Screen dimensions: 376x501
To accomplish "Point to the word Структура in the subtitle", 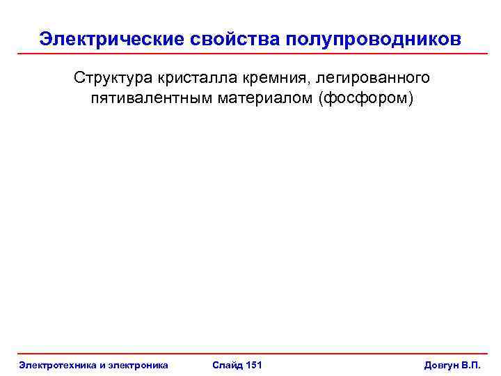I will pyautogui.click(x=111, y=77).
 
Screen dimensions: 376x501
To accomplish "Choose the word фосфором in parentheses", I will pyautogui.click(x=365, y=97).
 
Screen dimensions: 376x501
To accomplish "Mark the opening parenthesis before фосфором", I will pyautogui.click(x=321, y=97).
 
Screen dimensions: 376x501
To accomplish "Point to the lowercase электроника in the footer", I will pyautogui.click(x=136, y=364).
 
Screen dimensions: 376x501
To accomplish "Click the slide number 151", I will pyautogui.click(x=253, y=364).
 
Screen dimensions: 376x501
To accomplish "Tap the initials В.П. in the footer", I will pyautogui.click(x=471, y=364).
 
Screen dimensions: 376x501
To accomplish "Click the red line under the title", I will pyautogui.click(x=250, y=54).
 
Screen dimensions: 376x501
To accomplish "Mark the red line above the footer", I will pyautogui.click(x=250, y=354).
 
